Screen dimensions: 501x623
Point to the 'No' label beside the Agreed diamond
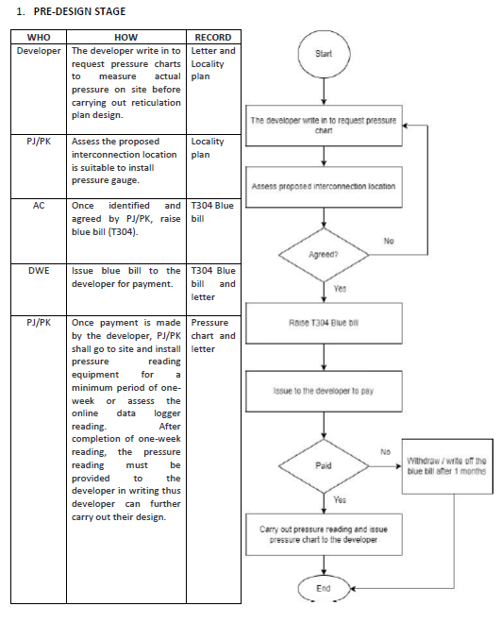tap(389, 241)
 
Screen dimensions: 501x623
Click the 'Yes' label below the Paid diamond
tap(340, 500)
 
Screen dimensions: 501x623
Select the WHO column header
tap(39, 38)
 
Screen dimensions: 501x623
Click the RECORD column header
tap(213, 38)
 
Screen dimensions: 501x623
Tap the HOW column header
tap(125, 38)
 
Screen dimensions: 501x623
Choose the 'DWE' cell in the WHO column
tap(39, 271)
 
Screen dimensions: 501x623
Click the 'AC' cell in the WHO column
tap(39, 206)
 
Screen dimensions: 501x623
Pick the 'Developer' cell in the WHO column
tap(39, 51)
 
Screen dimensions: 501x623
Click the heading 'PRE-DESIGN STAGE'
tap(79, 11)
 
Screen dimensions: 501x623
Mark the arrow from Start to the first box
tap(324, 92)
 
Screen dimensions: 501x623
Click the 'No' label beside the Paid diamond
tap(386, 452)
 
